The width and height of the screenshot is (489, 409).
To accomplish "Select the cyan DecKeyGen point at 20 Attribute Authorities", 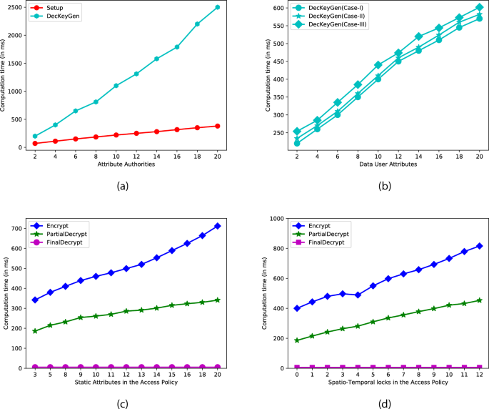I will click(x=217, y=7).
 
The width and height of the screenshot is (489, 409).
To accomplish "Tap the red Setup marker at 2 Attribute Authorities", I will click(x=35, y=144).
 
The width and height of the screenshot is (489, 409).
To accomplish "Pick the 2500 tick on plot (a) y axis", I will click(x=17, y=7).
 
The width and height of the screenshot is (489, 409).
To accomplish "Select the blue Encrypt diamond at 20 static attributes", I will click(x=217, y=226).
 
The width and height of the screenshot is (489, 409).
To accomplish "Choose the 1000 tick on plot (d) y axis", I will click(x=274, y=218).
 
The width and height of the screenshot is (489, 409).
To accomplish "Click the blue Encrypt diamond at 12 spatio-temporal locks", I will click(x=479, y=246).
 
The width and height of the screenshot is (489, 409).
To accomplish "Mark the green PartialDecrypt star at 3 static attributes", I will click(x=35, y=331).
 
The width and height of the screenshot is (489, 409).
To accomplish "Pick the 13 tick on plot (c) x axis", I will click(x=141, y=373).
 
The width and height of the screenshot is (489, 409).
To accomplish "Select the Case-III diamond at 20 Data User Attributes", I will click(x=479, y=7).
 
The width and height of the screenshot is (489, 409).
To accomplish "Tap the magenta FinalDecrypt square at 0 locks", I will click(x=297, y=368).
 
